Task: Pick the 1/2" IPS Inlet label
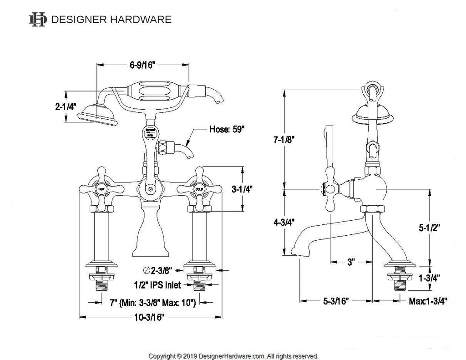coord(157,285)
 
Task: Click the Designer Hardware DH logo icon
coord(37,19)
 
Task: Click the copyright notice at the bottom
coord(233,356)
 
